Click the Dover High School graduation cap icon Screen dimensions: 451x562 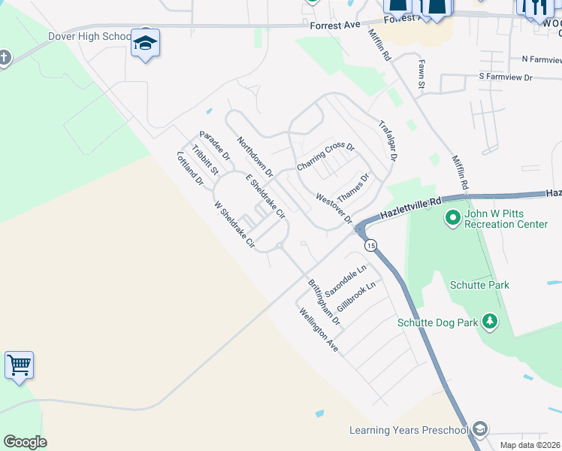coord(145,42)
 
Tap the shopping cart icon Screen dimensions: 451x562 coord(19,366)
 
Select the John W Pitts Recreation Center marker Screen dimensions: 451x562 coord(452,219)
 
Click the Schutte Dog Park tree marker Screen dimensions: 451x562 coord(490,322)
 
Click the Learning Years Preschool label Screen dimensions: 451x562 coord(408,430)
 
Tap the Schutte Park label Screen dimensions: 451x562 coord(479,285)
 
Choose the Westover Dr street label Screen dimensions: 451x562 coord(334,208)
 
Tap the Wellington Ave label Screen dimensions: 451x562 coord(319,330)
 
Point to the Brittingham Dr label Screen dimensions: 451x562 coord(325,302)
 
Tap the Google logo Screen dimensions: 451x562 coord(25,442)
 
